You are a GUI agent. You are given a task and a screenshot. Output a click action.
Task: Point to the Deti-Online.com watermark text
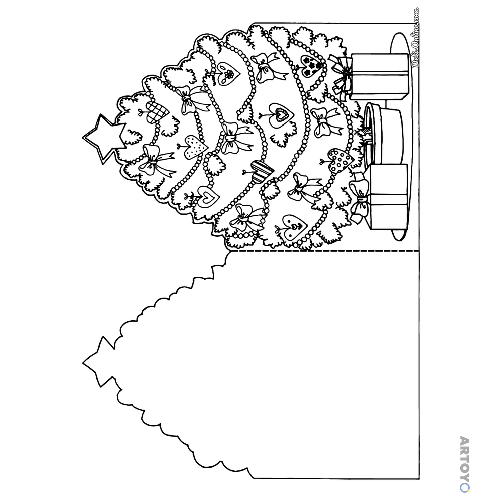coord(415,37)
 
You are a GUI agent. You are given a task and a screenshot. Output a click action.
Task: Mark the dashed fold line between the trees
coord(325,250)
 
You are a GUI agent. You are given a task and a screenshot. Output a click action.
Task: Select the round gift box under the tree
coord(384,133)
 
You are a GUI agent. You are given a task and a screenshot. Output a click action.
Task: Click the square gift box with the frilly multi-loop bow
coord(380,76)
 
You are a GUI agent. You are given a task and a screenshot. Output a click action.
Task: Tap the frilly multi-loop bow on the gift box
coord(342,74)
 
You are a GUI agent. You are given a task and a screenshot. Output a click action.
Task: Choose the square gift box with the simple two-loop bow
coord(389,196)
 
